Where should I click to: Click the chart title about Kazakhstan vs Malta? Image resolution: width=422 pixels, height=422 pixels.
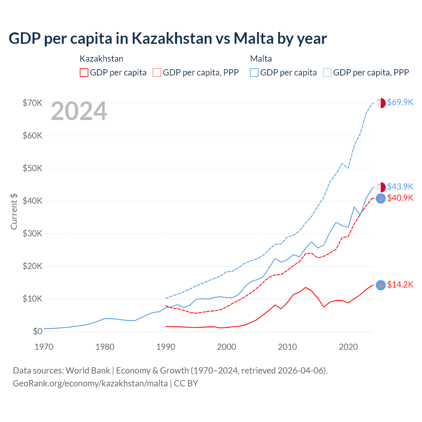tap(167, 39)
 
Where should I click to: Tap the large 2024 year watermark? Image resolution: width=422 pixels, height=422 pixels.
tap(79, 111)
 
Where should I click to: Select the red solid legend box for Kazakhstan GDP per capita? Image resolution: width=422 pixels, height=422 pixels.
tap(84, 73)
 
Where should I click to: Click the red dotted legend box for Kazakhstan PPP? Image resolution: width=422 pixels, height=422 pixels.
tap(157, 73)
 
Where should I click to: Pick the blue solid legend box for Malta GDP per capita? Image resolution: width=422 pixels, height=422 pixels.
tap(254, 73)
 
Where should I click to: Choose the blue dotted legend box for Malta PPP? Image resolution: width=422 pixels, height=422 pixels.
tap(327, 73)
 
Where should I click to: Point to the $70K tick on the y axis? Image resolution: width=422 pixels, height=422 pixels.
tap(33, 103)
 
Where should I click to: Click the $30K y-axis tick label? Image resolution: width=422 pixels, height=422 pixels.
tap(33, 234)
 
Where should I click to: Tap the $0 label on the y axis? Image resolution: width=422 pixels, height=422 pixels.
tap(38, 332)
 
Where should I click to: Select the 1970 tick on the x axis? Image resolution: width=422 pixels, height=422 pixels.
tap(44, 347)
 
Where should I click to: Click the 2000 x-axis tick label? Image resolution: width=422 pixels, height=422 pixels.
tap(226, 347)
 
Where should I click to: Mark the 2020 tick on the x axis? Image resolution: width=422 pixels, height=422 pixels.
tap(348, 347)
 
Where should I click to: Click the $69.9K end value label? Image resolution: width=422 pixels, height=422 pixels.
tap(400, 103)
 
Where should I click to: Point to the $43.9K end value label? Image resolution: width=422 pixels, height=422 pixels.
tap(400, 187)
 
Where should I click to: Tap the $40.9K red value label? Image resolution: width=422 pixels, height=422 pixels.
tap(400, 198)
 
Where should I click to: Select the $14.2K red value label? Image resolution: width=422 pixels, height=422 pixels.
tap(400, 285)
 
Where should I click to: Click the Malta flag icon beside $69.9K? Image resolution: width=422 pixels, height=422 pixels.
tap(381, 103)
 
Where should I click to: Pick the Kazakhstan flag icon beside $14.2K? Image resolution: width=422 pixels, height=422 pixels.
tap(381, 285)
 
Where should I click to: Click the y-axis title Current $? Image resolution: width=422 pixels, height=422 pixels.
tap(14, 212)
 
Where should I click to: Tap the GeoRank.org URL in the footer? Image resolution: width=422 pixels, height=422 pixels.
tap(90, 383)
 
